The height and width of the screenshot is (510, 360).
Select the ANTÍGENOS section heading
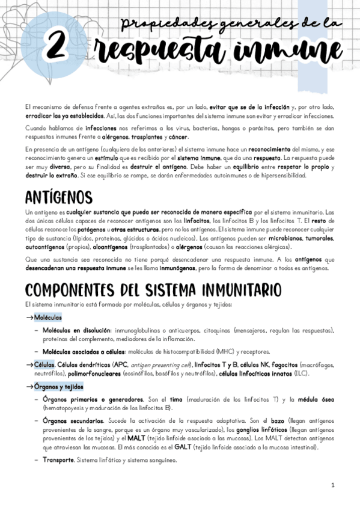pos(59,197)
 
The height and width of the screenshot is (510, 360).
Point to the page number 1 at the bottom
pos(332,485)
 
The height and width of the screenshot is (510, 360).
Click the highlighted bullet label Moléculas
pos(48,317)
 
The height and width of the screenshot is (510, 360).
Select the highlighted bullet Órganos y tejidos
pos(59,387)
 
